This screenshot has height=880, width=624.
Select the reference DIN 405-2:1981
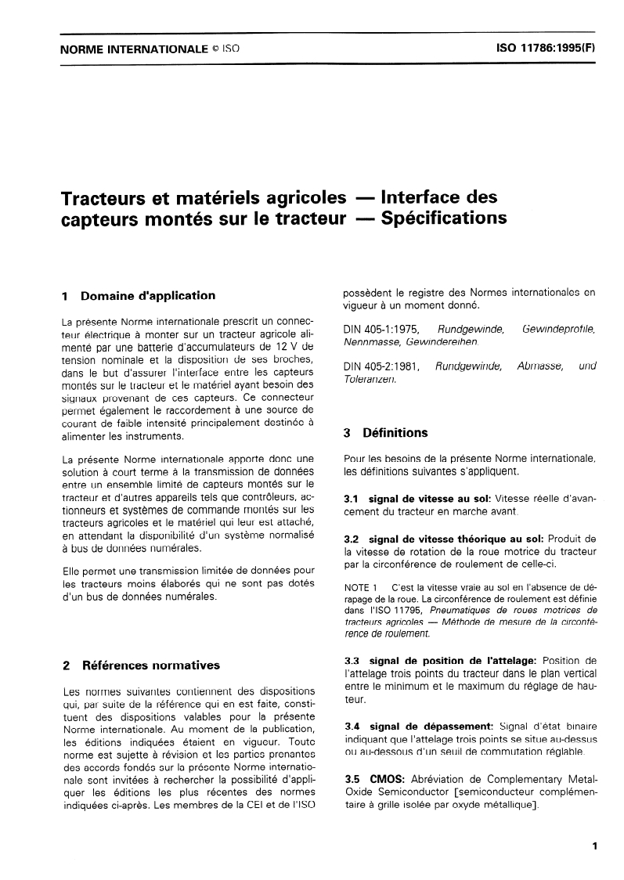(x=381, y=366)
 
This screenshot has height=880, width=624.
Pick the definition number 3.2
(x=352, y=539)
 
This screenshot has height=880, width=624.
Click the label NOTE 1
(x=361, y=586)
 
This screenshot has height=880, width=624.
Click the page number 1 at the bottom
(x=595, y=846)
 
